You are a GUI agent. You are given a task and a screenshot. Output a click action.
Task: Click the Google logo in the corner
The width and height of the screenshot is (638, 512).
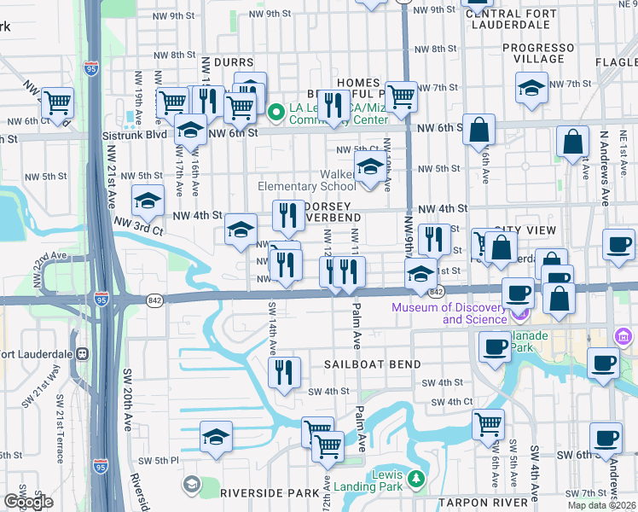pos(28,502)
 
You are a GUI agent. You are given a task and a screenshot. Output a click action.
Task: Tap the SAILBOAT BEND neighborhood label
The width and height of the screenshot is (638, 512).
pos(372,364)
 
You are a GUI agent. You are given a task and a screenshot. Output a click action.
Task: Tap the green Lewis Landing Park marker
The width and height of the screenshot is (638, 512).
pos(415,478)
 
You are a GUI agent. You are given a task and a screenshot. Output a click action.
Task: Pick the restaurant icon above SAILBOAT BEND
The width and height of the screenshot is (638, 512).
pos(283,373)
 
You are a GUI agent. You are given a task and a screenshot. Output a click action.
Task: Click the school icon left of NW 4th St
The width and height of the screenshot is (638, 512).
pos(148,201)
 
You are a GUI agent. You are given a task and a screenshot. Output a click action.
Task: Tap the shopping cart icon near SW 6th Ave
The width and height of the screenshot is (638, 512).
pos(489,424)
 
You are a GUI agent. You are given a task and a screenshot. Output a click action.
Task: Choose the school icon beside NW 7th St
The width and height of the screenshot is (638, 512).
pos(531,88)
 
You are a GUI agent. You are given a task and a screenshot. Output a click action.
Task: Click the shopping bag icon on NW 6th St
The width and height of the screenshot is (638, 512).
pos(480,131)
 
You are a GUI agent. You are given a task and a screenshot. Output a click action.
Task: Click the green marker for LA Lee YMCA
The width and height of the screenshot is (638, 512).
pos(275,112)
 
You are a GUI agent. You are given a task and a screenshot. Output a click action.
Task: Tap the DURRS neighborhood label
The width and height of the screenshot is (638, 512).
pos(234,62)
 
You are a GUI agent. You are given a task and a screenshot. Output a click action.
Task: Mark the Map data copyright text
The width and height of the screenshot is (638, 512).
pos(600,505)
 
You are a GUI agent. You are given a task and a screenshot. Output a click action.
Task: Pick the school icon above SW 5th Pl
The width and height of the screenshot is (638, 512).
pos(217,438)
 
